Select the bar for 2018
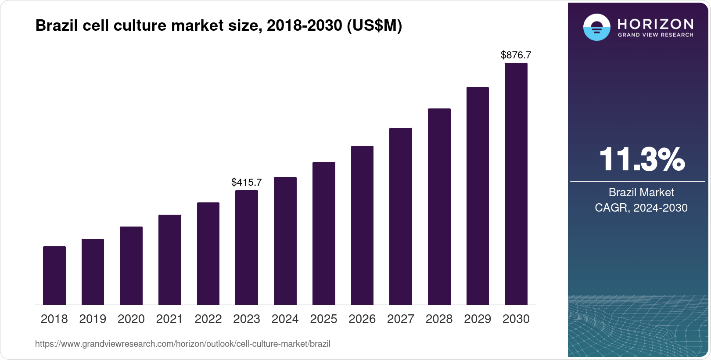(54, 276)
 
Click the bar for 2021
(170, 260)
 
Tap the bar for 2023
(247, 248)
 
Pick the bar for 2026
(362, 225)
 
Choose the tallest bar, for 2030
(516, 184)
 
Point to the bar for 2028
(439, 207)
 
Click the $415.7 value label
(247, 182)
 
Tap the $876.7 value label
(516, 55)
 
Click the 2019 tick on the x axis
(93, 319)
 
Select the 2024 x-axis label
(285, 319)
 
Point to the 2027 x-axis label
(401, 319)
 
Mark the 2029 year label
(478, 319)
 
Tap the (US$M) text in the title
(374, 26)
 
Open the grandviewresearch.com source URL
(183, 344)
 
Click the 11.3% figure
(641, 159)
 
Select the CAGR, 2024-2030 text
(641, 208)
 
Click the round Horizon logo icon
(596, 28)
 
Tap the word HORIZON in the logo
(656, 24)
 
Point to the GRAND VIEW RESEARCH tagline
(656, 35)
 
